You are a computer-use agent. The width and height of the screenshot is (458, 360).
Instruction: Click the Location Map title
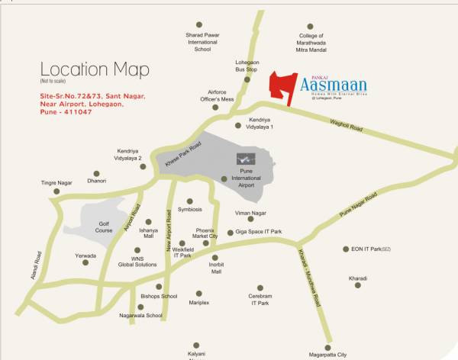95,70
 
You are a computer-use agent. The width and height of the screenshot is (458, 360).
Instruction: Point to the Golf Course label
104,227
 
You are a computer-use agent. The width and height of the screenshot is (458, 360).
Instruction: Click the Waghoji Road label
347,124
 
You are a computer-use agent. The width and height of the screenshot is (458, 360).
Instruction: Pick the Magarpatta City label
326,354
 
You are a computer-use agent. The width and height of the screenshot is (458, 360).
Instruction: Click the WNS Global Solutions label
137,262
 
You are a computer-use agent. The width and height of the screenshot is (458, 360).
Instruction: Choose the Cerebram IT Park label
260,299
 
